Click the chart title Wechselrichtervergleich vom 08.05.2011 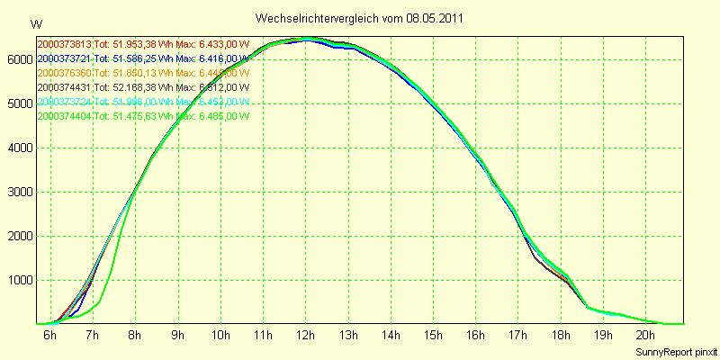tap(360, 18)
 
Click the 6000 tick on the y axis tap(18, 59)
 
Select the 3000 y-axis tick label tap(18, 192)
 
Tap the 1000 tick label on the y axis tap(18, 280)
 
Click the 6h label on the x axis tap(50, 336)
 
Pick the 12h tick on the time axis tap(305, 336)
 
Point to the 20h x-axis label tap(644, 336)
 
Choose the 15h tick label tap(433, 336)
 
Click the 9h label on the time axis tap(178, 336)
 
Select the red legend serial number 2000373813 tap(65, 44)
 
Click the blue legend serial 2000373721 tap(65, 58)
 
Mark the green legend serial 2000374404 tap(65, 116)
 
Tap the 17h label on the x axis tap(517, 336)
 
